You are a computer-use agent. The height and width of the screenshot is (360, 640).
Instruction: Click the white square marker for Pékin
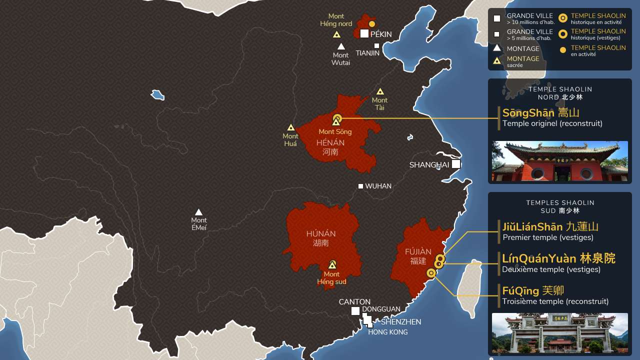tap(364, 33)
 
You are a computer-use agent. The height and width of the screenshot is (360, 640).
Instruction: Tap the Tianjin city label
tap(367, 53)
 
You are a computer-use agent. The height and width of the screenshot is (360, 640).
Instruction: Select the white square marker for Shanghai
tap(455, 164)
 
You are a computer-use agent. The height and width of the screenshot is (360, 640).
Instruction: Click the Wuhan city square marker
tap(360, 186)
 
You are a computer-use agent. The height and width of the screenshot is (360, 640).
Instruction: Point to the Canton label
tap(354, 302)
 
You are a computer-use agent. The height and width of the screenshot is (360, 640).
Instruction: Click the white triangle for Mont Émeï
tap(198, 212)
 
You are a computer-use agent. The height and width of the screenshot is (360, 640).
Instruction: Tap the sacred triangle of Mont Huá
tap(290, 127)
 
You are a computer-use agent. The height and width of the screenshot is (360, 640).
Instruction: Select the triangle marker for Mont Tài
tap(380, 91)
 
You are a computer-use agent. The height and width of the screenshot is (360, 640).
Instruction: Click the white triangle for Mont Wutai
tap(341, 46)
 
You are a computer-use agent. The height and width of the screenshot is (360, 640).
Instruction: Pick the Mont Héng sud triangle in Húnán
tap(332, 265)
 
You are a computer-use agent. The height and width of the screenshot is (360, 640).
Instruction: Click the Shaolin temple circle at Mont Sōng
tap(337, 118)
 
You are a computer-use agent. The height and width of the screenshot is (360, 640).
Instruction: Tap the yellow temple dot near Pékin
tap(372, 23)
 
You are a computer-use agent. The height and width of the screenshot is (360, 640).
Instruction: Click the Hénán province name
tap(330, 143)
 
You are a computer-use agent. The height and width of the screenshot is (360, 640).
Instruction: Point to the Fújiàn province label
tap(418, 252)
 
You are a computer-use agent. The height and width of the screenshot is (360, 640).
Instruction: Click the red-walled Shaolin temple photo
tap(559, 161)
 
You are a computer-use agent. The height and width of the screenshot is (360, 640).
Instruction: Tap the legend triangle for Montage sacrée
tap(497, 61)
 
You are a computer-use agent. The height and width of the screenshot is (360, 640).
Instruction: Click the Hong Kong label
tap(387, 332)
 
